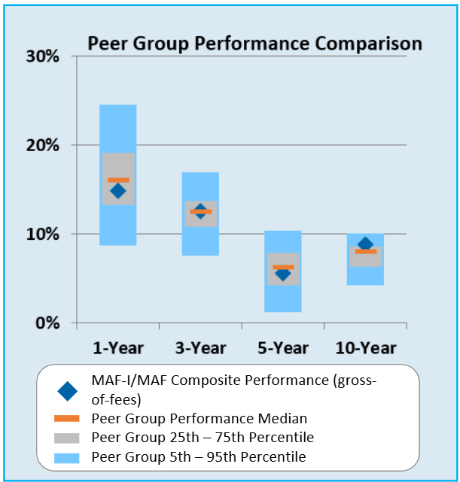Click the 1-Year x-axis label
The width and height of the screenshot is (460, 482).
tap(118, 347)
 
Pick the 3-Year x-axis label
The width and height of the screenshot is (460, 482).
tap(200, 347)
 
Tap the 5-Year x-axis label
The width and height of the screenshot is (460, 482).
tap(282, 347)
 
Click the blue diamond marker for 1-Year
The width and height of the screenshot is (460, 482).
tap(117, 191)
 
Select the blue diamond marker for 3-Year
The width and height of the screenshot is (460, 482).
tap(200, 212)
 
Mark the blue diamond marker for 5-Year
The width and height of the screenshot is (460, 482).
tap(282, 274)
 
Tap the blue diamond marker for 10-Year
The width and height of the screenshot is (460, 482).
tap(365, 244)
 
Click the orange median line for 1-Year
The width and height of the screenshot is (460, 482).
tap(118, 180)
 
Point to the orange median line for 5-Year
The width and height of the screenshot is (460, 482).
tap(283, 267)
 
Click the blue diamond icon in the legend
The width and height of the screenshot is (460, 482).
tap(68, 391)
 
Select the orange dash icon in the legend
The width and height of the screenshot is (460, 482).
tap(68, 418)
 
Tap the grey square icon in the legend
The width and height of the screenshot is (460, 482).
tap(68, 437)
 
